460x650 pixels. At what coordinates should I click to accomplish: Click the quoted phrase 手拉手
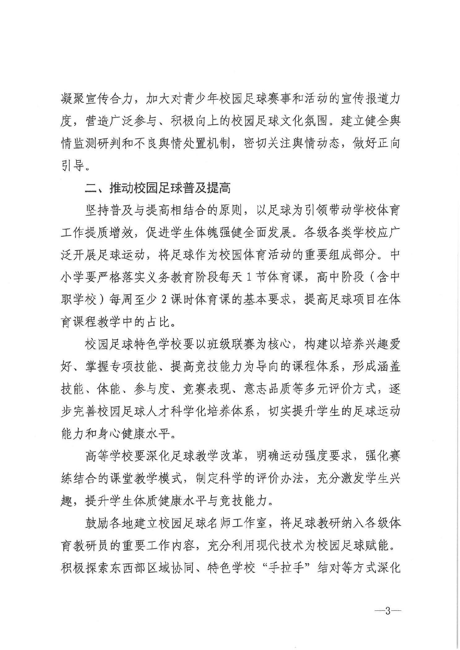tap(286, 569)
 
